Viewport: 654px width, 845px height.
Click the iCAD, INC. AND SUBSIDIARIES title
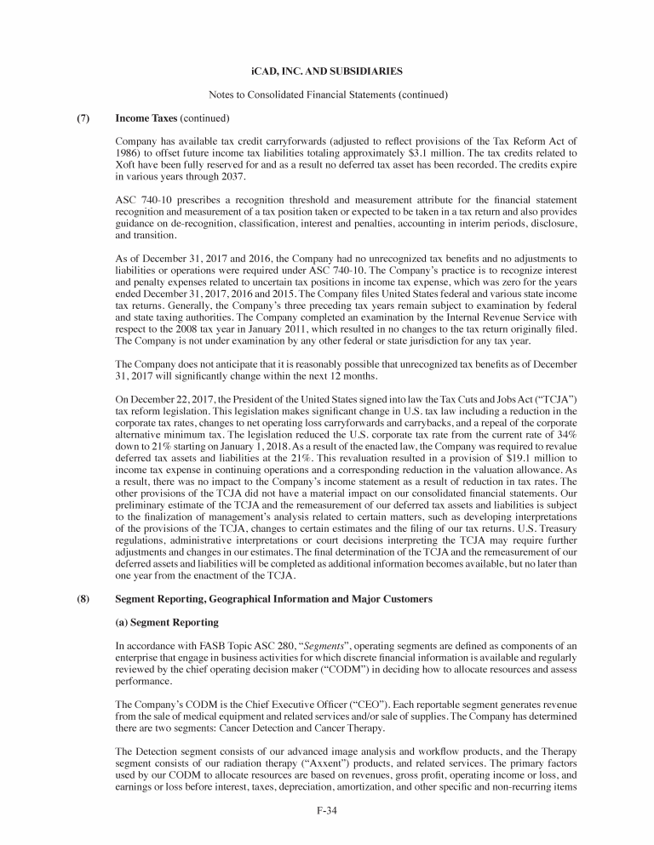click(326, 68)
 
